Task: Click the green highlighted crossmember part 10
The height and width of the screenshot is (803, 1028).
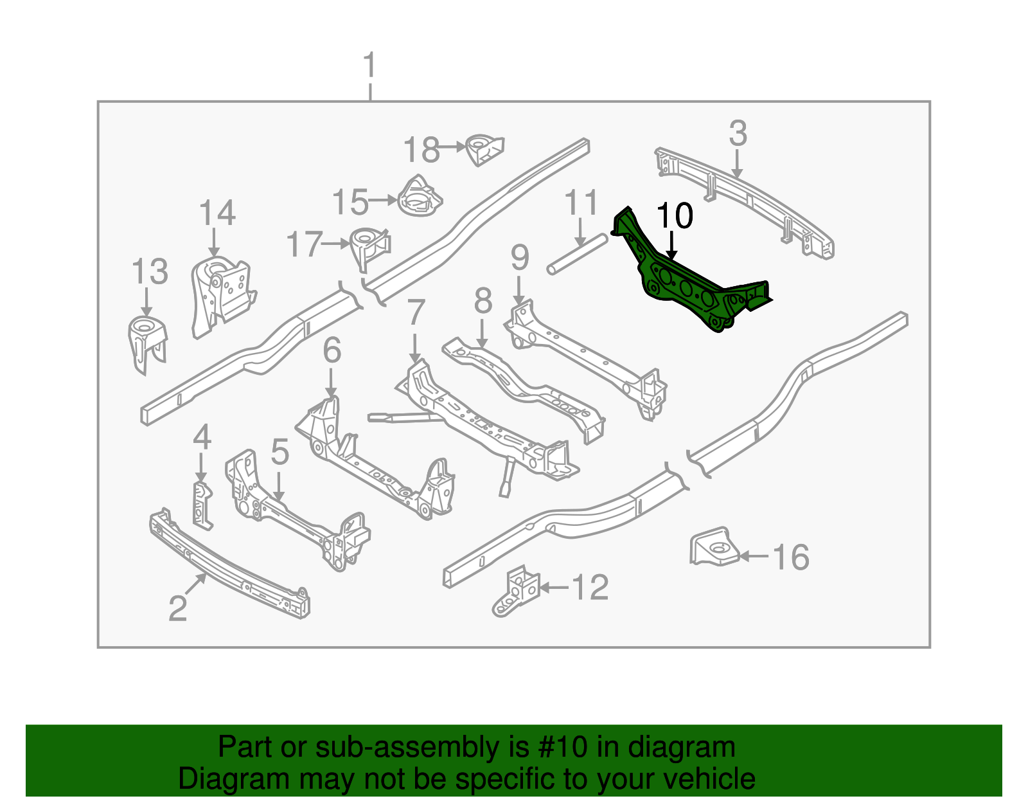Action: pos(687,283)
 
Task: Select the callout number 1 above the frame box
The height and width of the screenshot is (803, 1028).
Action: pos(369,66)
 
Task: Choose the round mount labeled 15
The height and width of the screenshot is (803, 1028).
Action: pos(419,197)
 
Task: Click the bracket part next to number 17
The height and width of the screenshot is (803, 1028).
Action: pos(369,247)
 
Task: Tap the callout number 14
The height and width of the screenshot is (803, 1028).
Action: pos(217,213)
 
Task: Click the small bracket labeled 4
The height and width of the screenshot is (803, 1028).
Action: pos(202,505)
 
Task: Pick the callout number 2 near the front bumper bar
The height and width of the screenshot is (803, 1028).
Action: pos(177,608)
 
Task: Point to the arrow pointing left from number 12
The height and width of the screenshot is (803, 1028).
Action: pos(554,587)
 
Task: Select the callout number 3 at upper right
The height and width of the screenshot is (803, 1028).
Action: pos(738,134)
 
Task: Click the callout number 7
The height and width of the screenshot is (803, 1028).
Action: pos(416,313)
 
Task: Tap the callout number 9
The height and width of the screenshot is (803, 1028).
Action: pos(520,258)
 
